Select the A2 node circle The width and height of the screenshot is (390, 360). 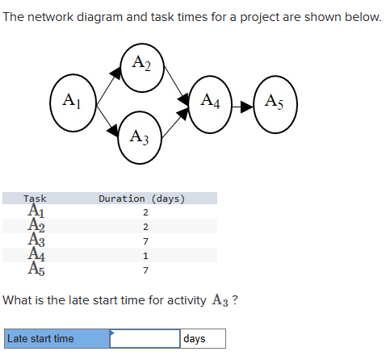[x=143, y=65]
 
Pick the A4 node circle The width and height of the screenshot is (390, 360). [x=211, y=103]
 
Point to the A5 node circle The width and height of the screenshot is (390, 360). [x=274, y=103]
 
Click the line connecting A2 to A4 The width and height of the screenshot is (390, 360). [x=178, y=82]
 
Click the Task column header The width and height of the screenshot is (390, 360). [x=36, y=199]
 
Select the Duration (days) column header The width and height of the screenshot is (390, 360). [x=142, y=199]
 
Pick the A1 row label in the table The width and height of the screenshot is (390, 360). [x=36, y=212]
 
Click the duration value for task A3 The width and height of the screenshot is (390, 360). [x=145, y=241]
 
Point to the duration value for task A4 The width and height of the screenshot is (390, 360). [x=145, y=256]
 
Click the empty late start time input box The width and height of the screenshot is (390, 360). [x=145, y=339]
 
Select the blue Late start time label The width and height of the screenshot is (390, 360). [x=56, y=339]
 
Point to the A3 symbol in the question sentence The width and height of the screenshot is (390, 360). [x=220, y=302]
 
